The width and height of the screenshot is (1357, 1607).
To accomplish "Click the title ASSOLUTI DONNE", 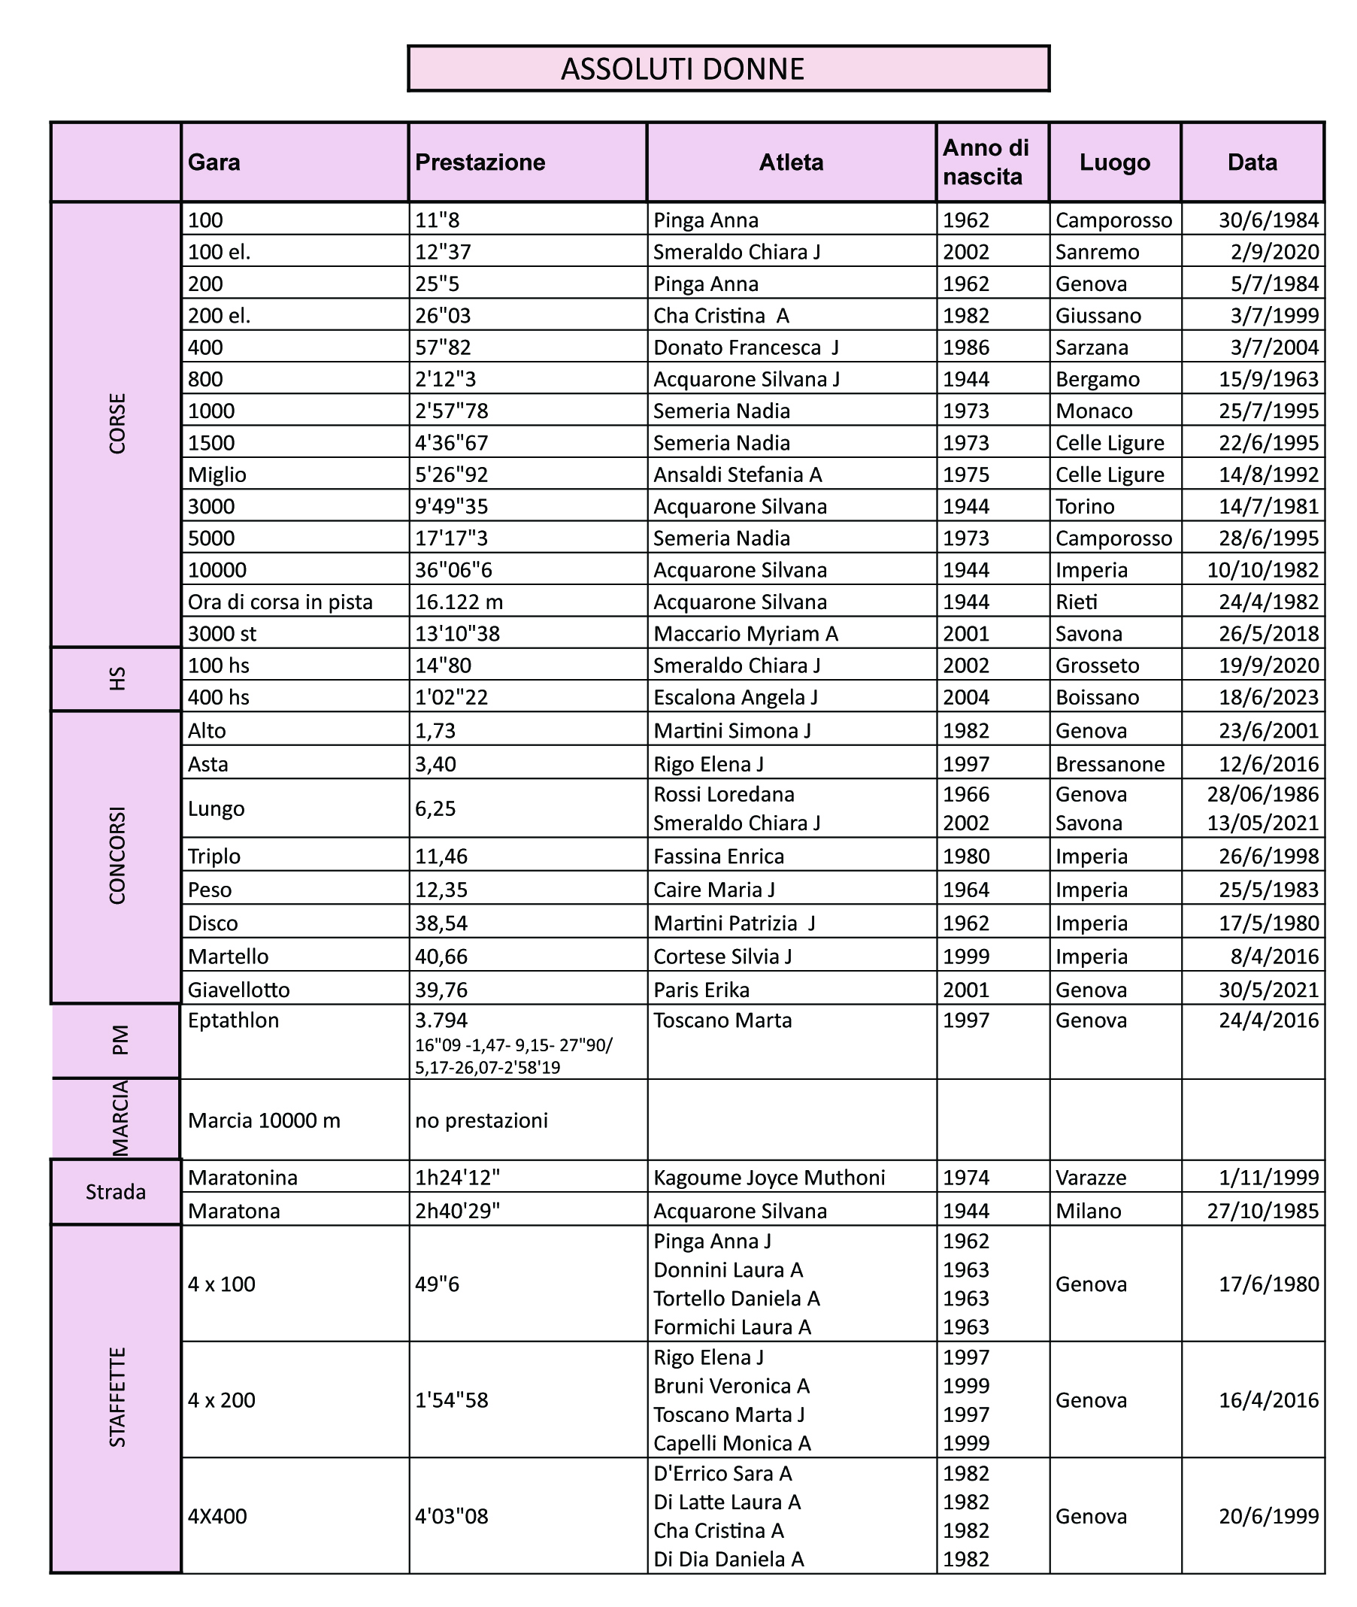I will click(683, 69).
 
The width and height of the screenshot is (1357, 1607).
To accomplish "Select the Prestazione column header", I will click(480, 162).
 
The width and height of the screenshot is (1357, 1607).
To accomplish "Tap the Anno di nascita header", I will click(986, 162).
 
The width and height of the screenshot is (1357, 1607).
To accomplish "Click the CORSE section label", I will click(117, 424).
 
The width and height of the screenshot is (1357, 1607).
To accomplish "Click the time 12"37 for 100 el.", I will click(443, 253).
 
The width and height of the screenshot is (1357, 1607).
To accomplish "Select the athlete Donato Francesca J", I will click(746, 347).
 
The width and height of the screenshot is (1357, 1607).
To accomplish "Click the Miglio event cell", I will click(217, 475).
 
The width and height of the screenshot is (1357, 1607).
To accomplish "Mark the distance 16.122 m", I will click(459, 602).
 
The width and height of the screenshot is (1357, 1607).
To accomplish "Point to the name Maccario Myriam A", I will click(746, 634).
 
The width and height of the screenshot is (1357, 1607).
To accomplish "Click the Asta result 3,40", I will click(435, 764).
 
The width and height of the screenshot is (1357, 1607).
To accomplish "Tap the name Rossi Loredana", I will click(724, 794).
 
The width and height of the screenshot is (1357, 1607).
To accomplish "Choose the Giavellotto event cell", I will click(238, 990).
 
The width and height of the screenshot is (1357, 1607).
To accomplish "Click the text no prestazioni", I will click(482, 1120).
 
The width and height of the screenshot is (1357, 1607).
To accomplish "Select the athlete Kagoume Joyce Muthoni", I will click(769, 1178).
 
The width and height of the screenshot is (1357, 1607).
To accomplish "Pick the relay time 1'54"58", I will click(452, 1400).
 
